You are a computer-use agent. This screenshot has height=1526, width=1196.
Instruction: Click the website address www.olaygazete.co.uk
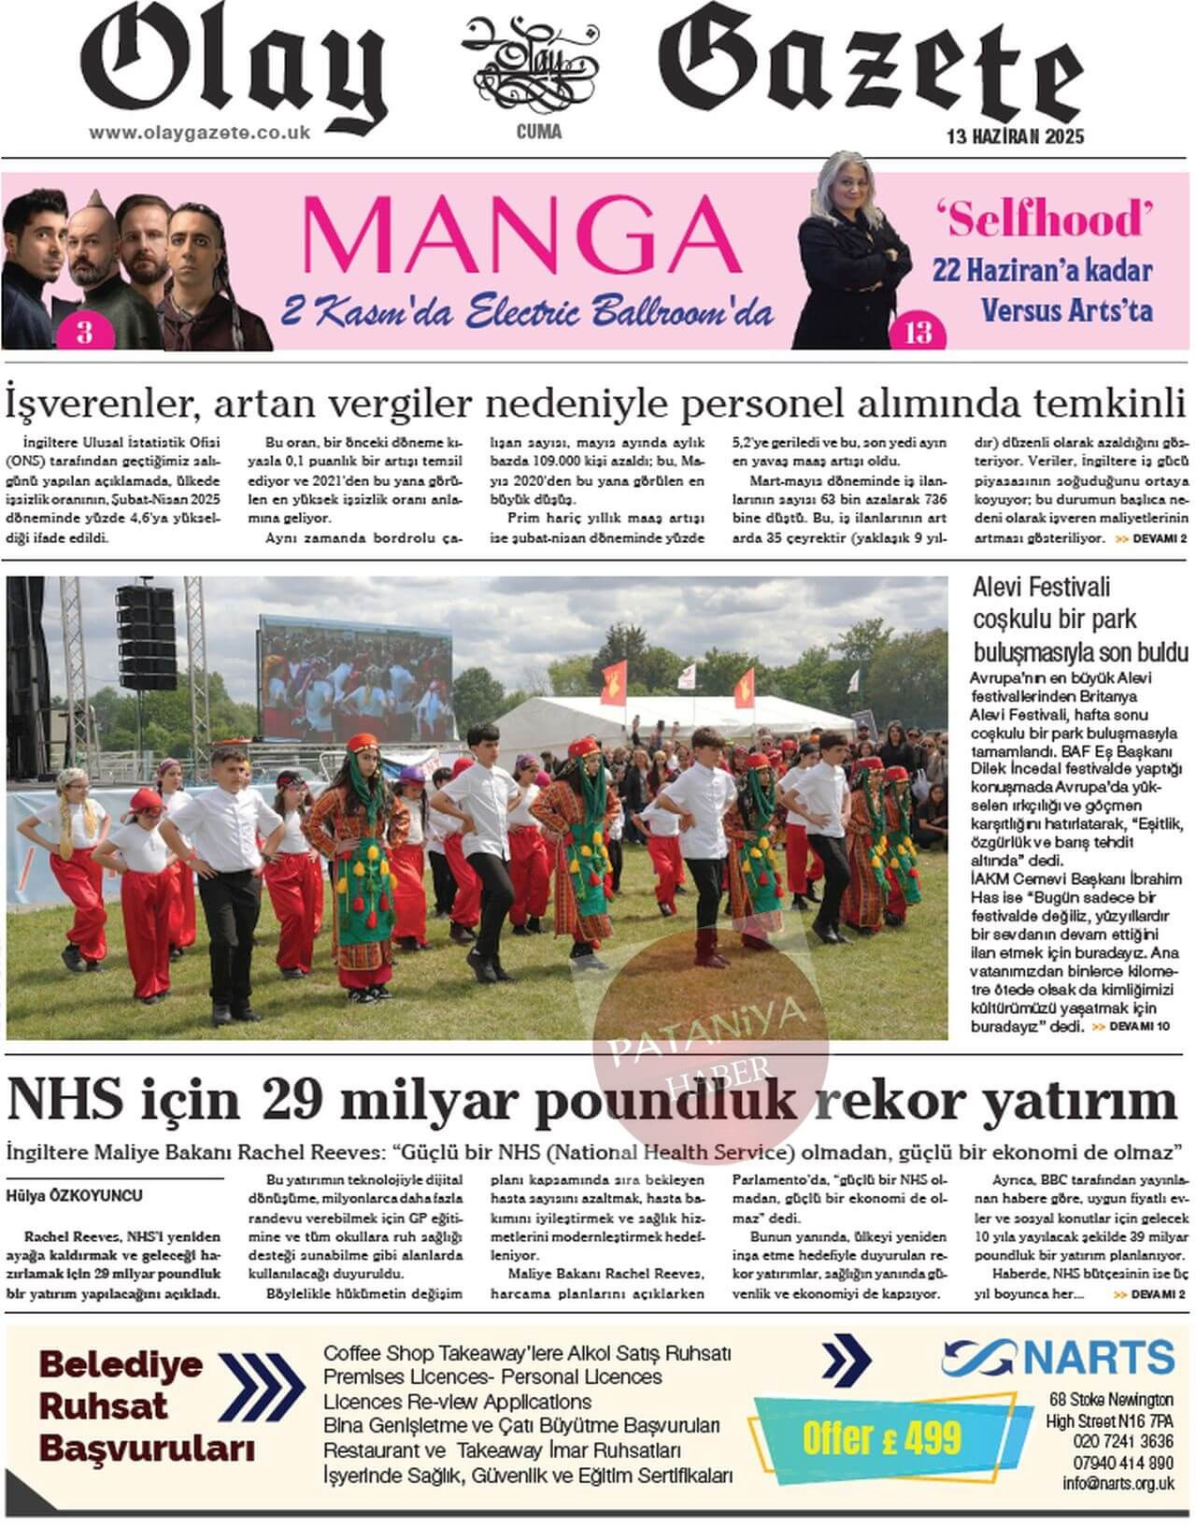pos(199,133)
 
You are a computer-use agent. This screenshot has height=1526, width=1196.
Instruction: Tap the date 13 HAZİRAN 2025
pos(1015,136)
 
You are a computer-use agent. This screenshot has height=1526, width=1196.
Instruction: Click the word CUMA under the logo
pos(539,132)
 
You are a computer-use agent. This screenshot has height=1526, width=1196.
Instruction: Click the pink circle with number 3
pos(84,332)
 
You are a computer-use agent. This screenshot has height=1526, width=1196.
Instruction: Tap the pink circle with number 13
pos(918,333)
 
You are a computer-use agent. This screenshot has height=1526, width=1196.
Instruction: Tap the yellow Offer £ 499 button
pos(881,1436)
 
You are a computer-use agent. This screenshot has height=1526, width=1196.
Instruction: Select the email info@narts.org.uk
pos(1118,1483)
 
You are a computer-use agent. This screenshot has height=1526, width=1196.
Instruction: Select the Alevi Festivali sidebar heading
pos(1080,619)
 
